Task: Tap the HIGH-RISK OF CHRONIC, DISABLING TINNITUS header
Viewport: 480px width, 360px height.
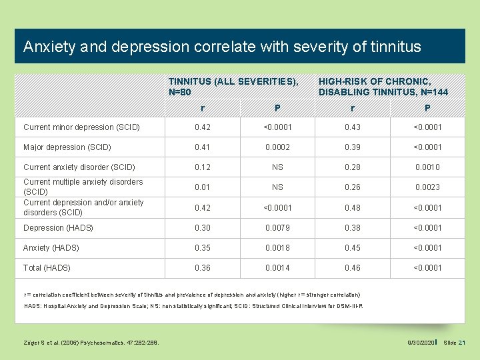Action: click(x=383, y=86)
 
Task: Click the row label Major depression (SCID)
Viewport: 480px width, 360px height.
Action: click(x=67, y=147)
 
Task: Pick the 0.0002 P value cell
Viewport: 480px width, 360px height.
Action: click(x=277, y=147)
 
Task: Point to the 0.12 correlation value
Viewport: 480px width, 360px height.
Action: click(x=202, y=167)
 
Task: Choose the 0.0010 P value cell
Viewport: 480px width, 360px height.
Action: click(x=427, y=167)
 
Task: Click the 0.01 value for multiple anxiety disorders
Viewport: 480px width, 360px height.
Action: click(x=202, y=187)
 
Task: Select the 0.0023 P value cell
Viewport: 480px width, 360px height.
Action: click(x=427, y=187)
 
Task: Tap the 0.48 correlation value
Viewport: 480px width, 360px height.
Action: click(x=352, y=207)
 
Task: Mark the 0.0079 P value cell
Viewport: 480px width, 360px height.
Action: click(x=277, y=227)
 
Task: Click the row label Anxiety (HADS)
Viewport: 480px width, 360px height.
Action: click(x=51, y=248)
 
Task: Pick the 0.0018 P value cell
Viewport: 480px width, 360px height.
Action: click(x=277, y=248)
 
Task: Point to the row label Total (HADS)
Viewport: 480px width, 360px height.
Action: click(x=47, y=268)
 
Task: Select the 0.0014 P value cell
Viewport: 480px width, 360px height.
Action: click(x=277, y=268)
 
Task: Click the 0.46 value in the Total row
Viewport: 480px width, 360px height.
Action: click(x=352, y=268)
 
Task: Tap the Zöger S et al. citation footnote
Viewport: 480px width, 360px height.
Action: click(x=86, y=343)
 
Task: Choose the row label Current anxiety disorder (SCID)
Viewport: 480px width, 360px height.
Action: click(x=79, y=167)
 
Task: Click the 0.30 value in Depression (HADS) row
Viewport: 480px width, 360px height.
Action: click(x=202, y=227)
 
